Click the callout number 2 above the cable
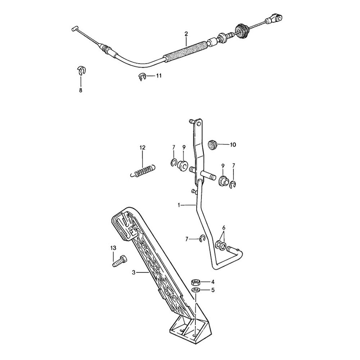click(186, 34)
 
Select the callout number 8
click(80, 90)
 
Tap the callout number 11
click(159, 76)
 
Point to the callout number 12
click(142, 148)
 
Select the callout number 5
click(213, 290)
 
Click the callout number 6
click(224, 228)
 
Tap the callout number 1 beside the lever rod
click(179, 205)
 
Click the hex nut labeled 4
click(196, 281)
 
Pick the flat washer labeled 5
click(196, 290)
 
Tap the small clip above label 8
click(82, 70)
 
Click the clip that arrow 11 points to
click(141, 76)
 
